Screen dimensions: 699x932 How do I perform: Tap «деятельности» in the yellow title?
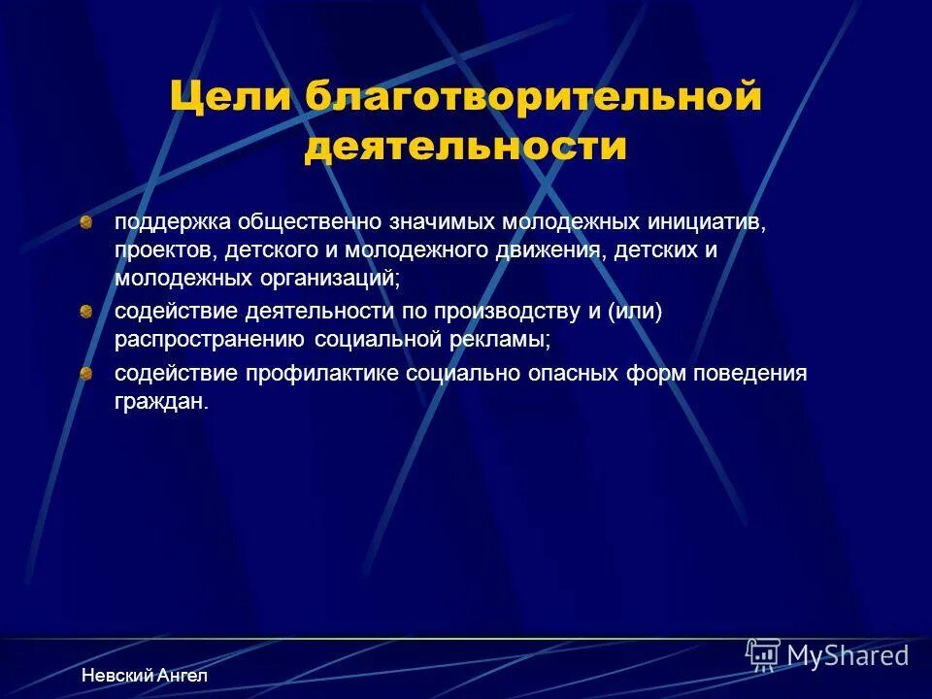[466, 147]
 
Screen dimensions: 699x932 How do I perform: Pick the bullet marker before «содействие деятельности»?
[86, 312]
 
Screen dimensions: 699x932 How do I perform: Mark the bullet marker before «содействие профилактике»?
[86, 374]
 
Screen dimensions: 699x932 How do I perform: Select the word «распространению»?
[211, 340]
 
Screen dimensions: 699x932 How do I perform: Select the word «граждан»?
[161, 402]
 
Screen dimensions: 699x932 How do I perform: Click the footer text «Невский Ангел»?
[144, 675]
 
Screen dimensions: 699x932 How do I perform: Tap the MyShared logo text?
[848, 656]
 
